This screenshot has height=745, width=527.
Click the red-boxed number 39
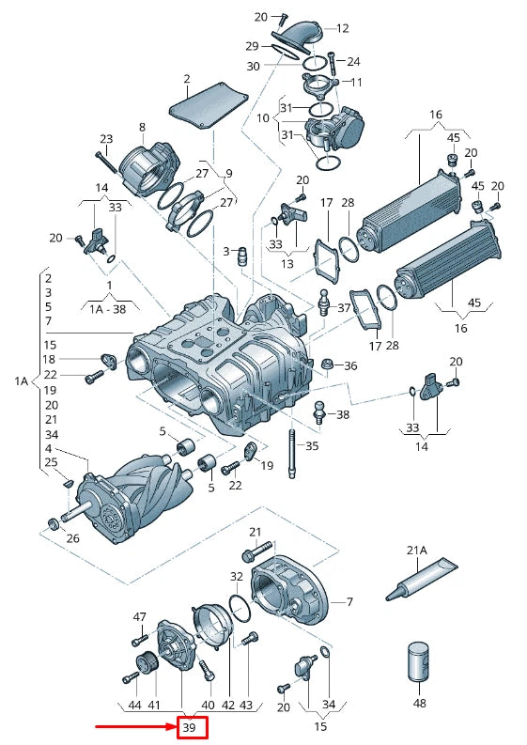tap(189, 727)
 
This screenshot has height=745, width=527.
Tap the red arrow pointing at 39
tap(136, 727)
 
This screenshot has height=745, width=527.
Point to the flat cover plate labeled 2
tap(209, 106)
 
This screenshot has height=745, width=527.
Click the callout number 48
tap(419, 703)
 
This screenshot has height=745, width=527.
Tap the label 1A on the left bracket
tap(22, 380)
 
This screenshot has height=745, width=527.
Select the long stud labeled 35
tap(291, 454)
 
